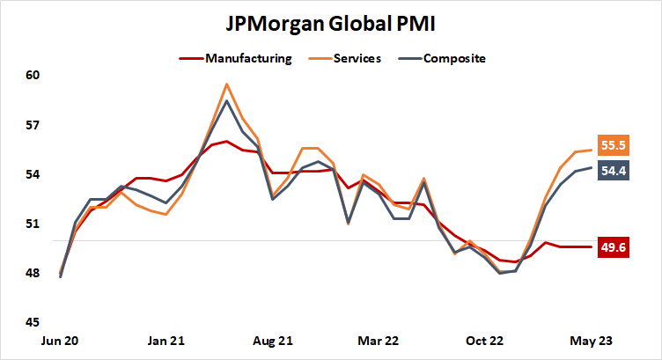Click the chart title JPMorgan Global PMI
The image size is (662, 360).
point(331,21)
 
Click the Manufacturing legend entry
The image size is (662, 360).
point(247,59)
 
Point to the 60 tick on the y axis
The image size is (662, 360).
point(33,76)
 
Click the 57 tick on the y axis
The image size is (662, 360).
point(33,125)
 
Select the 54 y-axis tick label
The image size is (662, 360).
point(33,174)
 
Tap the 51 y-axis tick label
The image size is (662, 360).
point(33,224)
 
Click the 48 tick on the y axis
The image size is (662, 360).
point(33,273)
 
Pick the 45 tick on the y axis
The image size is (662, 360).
point(33,322)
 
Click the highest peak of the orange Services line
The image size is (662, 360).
point(227,84)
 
